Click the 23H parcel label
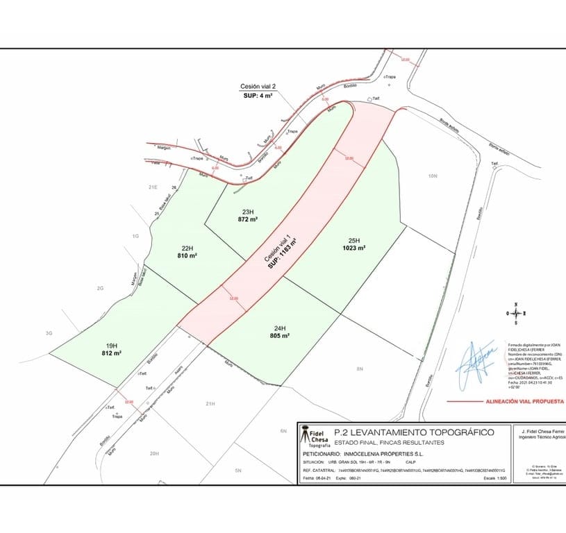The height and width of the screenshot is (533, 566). point(247,212)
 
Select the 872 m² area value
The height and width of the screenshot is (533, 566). point(247,219)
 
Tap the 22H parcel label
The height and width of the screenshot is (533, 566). point(187,248)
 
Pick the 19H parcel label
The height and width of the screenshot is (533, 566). point(111,346)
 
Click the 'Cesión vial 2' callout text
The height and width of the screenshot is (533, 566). point(258,86)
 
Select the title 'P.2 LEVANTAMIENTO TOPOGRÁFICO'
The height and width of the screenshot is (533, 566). point(414,432)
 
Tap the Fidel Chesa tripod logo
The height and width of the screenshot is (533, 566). point(304,436)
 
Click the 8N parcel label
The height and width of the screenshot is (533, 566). point(359,369)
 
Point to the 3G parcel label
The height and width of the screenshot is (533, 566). point(49,333)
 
